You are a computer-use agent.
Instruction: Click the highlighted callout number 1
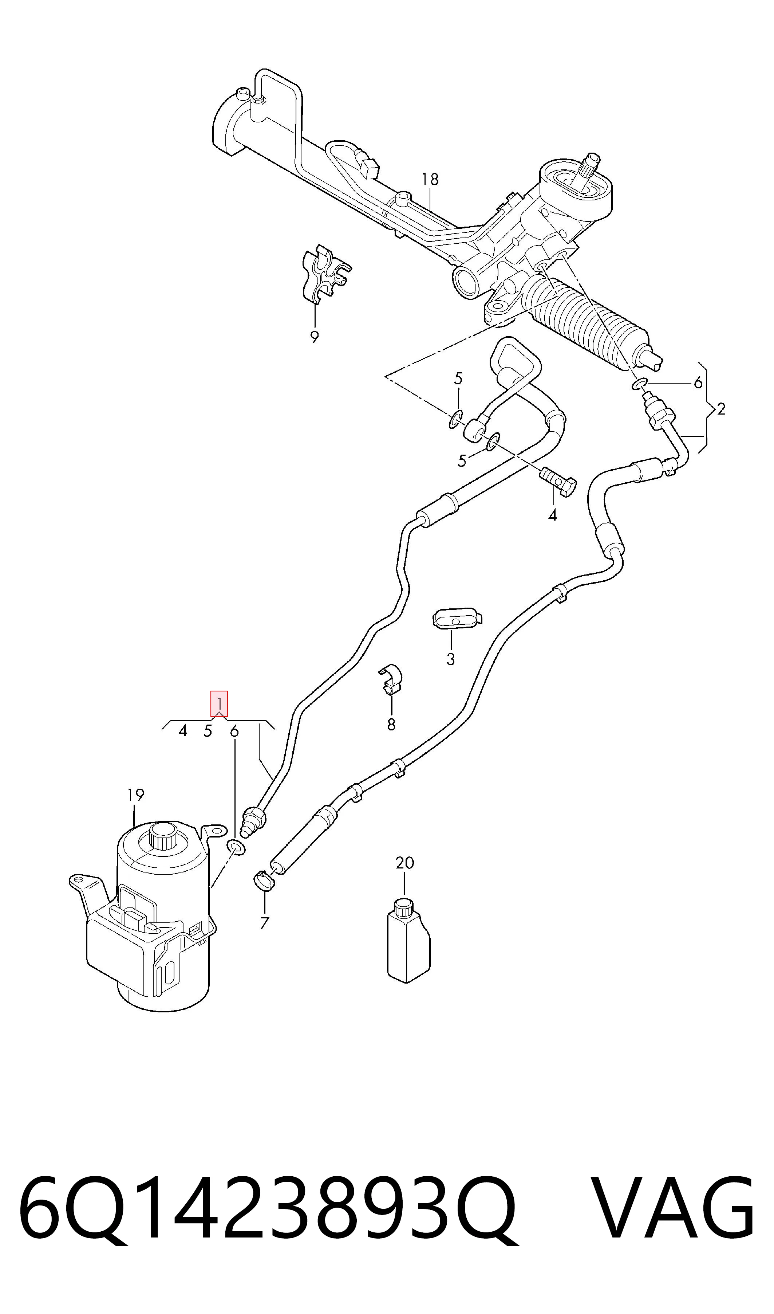tap(219, 703)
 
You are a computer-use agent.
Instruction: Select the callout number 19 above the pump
tap(135, 795)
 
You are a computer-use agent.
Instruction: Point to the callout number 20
tap(405, 863)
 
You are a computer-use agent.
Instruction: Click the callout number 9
tap(315, 337)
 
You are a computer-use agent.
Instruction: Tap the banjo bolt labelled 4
tap(557, 481)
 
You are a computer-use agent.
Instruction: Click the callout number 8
tap(391, 724)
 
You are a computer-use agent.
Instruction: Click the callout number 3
tap(451, 659)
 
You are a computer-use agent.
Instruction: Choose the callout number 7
tap(264, 923)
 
